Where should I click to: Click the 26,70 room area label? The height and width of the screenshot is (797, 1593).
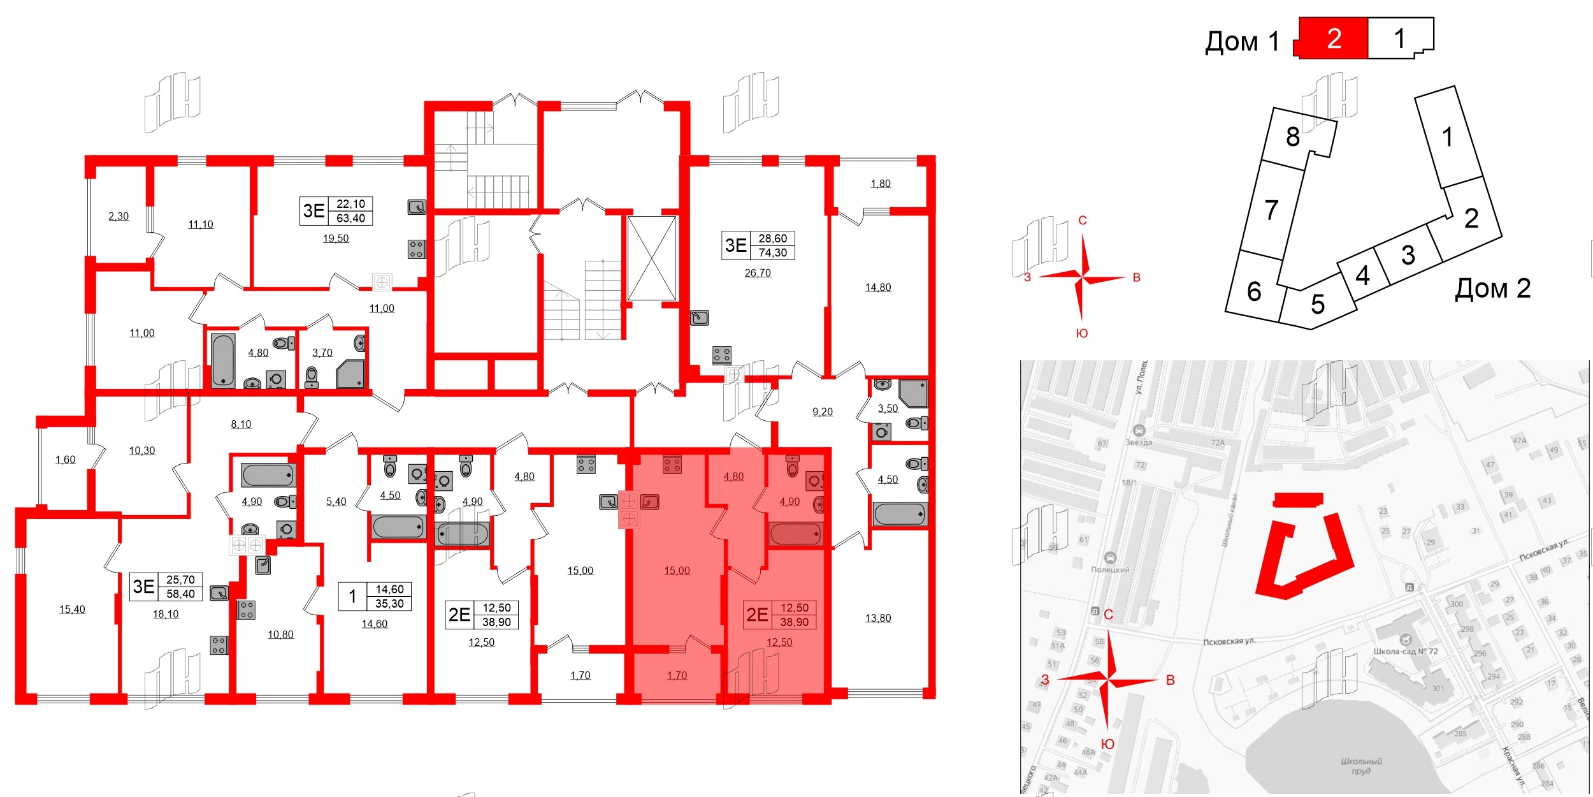(x=758, y=273)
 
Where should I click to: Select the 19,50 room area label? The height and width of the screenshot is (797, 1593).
(x=336, y=238)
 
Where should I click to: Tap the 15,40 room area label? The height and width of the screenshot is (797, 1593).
(x=72, y=610)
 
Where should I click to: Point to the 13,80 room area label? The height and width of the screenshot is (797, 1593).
(x=878, y=618)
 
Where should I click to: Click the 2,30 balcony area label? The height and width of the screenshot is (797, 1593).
(x=119, y=216)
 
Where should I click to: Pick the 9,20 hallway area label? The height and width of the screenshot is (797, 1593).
(x=823, y=412)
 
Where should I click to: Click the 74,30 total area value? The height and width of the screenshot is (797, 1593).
(x=773, y=253)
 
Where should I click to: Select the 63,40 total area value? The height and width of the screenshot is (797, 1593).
(x=351, y=219)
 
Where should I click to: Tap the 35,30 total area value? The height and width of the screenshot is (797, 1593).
(x=389, y=604)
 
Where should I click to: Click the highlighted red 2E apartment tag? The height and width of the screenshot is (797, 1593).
(x=757, y=615)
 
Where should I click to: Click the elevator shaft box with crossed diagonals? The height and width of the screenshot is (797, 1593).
(x=651, y=258)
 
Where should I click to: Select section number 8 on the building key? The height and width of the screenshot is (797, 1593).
(x=1292, y=136)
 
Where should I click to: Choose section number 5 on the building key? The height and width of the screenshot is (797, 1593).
(x=1318, y=304)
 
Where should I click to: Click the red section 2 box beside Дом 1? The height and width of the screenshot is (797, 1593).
(x=1334, y=39)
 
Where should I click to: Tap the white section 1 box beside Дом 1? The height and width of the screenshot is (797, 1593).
(x=1399, y=38)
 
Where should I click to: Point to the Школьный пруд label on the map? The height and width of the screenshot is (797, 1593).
(x=1361, y=766)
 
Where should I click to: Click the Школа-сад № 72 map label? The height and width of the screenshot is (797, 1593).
(x=1406, y=652)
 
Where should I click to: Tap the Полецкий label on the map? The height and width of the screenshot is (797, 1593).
(x=1110, y=569)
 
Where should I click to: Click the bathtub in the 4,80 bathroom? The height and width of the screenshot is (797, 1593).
(x=223, y=360)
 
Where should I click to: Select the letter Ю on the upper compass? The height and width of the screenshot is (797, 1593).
(x=1082, y=333)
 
